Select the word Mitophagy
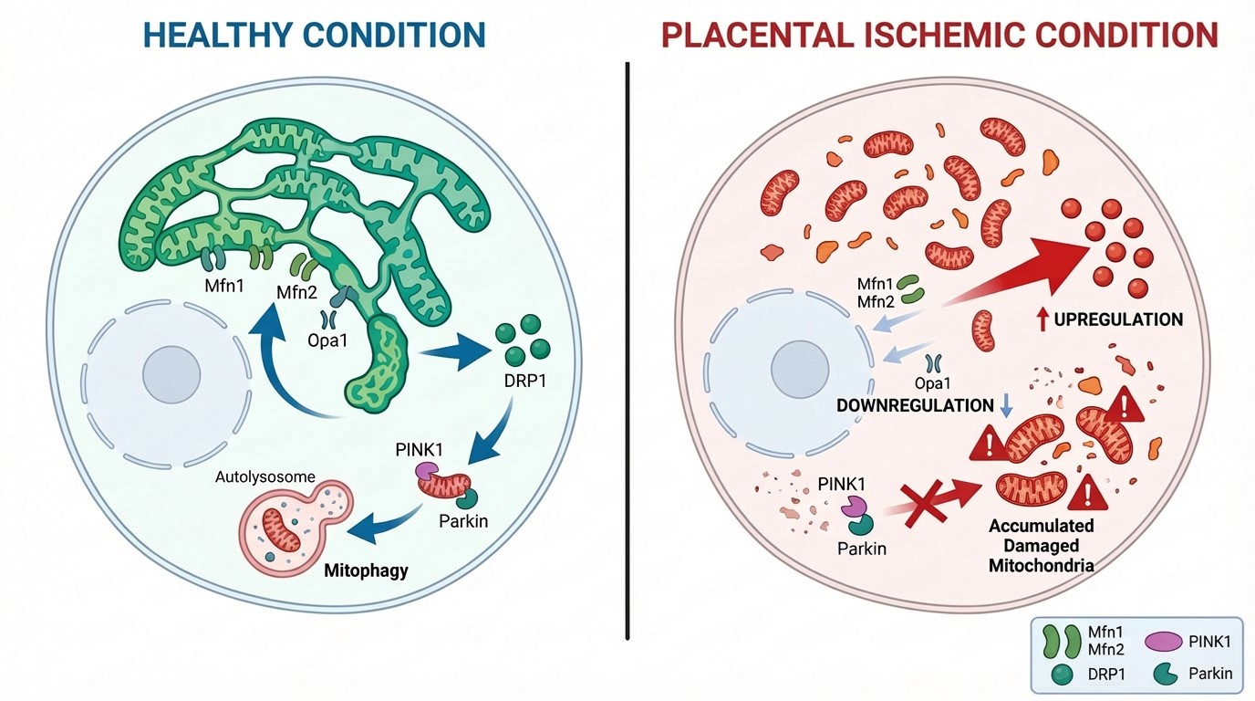(366, 571)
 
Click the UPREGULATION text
(1118, 319)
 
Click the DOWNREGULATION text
(915, 405)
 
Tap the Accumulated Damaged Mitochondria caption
(1042, 546)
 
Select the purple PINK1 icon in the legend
(1162, 642)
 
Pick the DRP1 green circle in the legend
(1062, 675)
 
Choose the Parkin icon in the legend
(1161, 675)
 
